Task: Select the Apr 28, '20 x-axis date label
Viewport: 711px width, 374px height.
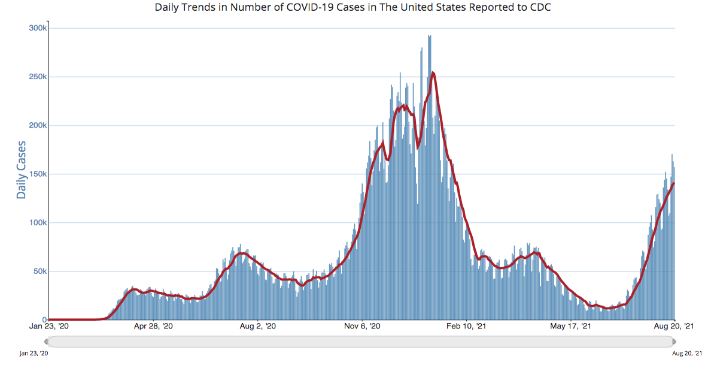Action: (x=153, y=327)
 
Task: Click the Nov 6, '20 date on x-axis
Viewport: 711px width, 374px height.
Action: (x=362, y=327)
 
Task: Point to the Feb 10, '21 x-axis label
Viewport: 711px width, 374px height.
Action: (x=467, y=327)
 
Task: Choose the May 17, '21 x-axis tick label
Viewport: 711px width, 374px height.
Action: (x=571, y=327)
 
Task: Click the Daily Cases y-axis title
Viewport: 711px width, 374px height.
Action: (x=22, y=170)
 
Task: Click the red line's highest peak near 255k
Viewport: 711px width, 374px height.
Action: (x=433, y=73)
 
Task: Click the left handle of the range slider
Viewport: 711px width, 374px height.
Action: (x=47, y=342)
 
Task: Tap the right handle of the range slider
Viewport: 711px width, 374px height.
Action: (x=674, y=342)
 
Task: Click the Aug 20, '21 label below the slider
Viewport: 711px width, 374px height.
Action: (x=688, y=354)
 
